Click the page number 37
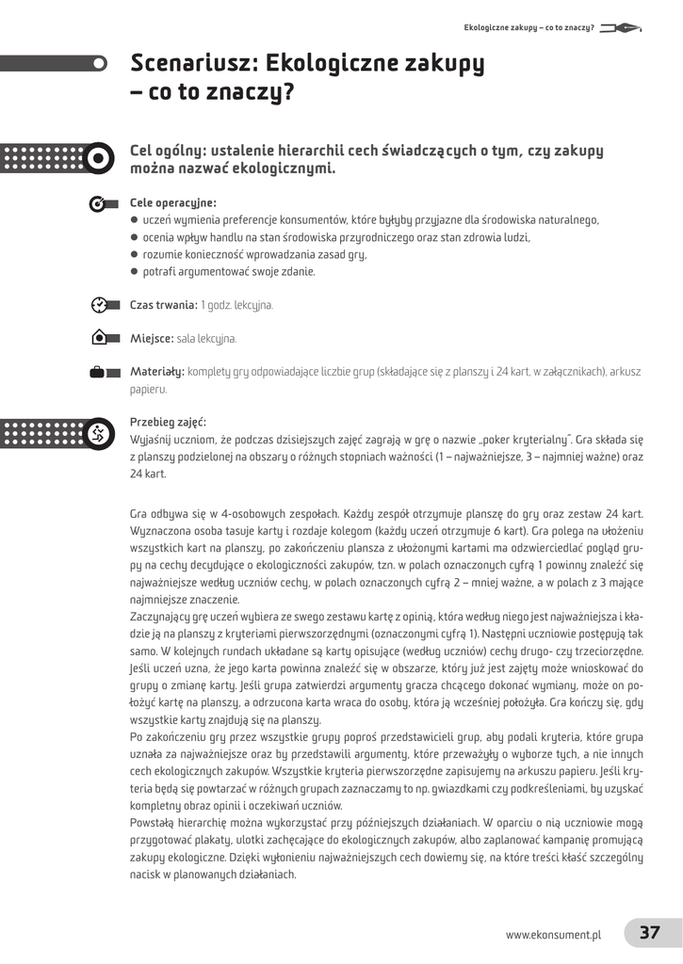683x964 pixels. coord(650,933)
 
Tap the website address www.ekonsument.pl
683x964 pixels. coord(553,935)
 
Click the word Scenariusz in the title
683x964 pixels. coord(195,64)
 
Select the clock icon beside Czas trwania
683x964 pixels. coord(99,305)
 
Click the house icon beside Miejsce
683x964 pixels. coord(99,338)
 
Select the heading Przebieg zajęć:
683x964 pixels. coord(168,422)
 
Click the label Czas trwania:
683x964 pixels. coord(163,305)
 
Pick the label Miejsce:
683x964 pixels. coord(152,338)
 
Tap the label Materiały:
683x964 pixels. coord(157,372)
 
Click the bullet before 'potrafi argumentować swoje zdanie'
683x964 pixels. coord(135,271)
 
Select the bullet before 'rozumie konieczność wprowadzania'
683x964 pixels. coord(135,254)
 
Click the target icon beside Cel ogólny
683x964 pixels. coord(98,159)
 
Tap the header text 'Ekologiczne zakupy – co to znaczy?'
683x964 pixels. coord(529,27)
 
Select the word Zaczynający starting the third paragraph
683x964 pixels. coord(162,616)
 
